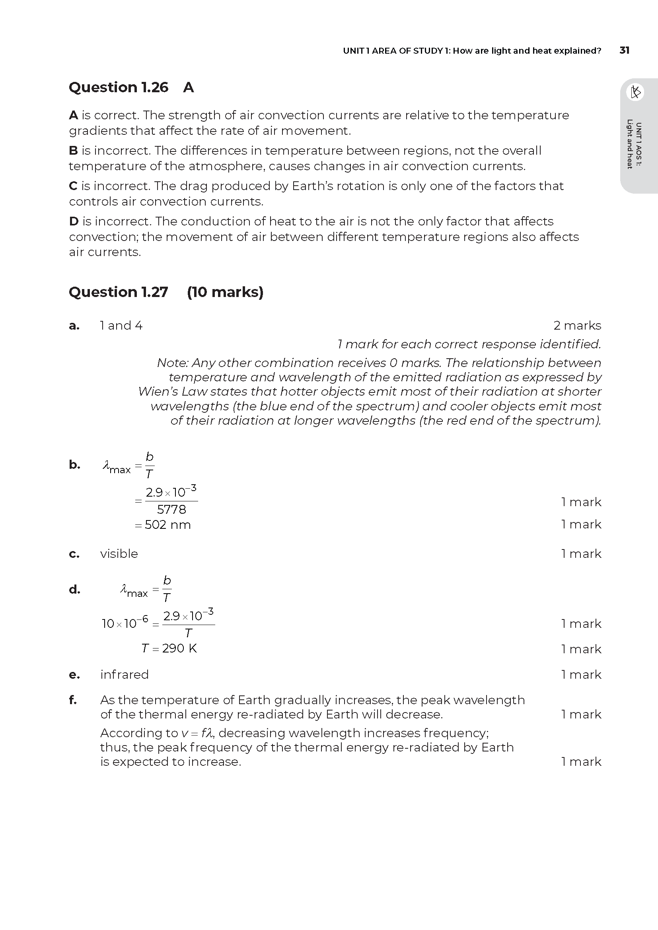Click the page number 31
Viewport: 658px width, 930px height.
click(x=624, y=50)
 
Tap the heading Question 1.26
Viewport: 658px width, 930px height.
click(x=118, y=87)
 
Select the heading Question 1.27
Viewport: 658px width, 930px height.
click(x=118, y=292)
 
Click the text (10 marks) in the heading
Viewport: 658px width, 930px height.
click(x=225, y=292)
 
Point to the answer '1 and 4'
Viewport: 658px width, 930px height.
click(x=121, y=326)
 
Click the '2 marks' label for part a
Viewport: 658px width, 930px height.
click(x=577, y=326)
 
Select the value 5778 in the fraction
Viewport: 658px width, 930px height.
click(x=171, y=510)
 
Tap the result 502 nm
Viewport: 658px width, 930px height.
click(x=167, y=525)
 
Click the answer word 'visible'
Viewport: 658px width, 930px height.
click(x=119, y=554)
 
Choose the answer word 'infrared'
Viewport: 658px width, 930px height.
click(x=125, y=674)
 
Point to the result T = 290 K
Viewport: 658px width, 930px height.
click(x=169, y=648)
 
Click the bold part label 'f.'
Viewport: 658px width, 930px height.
click(x=73, y=700)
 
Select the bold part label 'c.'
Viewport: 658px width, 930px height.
click(x=74, y=554)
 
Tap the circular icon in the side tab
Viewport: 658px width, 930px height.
click(x=635, y=92)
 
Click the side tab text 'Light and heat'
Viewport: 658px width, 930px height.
click(x=630, y=144)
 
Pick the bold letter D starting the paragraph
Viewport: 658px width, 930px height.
click(x=73, y=221)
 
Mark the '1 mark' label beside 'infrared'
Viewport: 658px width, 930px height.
click(x=581, y=674)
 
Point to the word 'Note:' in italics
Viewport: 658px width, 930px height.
click(x=173, y=363)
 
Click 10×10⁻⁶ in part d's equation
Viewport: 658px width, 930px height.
click(x=125, y=623)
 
